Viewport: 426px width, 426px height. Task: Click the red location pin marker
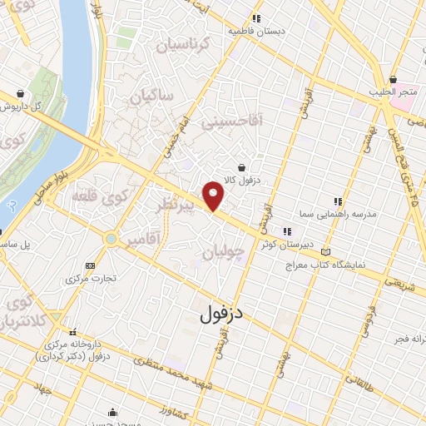(214, 195)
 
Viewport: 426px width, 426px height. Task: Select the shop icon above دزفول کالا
(241, 167)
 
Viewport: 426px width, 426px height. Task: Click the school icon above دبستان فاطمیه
(257, 18)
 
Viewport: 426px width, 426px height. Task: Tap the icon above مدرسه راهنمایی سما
(337, 201)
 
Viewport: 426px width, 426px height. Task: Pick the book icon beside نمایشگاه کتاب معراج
(325, 251)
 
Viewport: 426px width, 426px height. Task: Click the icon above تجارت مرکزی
(90, 265)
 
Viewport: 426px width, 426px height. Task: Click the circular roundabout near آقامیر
(110, 240)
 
